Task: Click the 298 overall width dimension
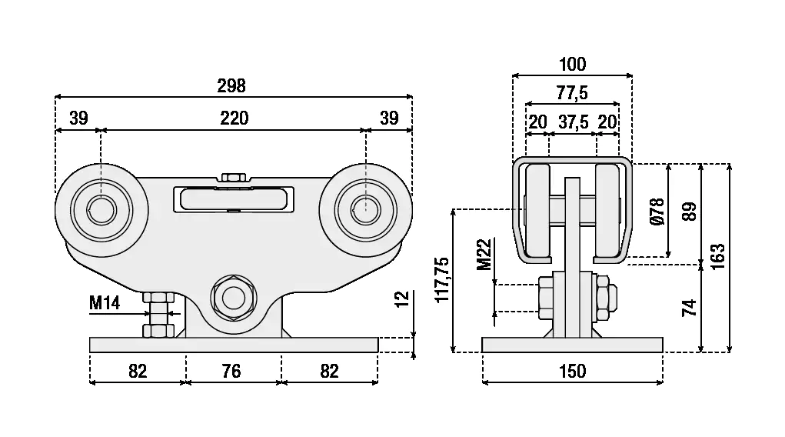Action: (x=231, y=86)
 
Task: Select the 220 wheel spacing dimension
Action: (x=235, y=118)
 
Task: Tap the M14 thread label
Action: (x=105, y=302)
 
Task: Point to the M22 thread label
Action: (x=484, y=254)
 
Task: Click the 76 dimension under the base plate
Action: (x=231, y=371)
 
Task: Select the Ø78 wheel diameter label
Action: (x=657, y=211)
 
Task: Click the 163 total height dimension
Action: (x=717, y=256)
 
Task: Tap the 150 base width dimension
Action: (x=572, y=371)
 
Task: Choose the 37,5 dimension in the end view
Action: (x=574, y=122)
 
